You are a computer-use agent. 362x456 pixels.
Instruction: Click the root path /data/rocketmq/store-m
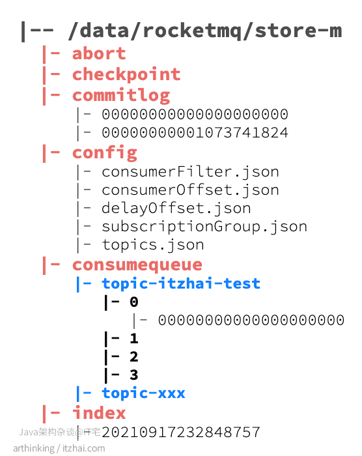[x=205, y=31]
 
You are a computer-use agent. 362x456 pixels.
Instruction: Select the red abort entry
[x=99, y=53]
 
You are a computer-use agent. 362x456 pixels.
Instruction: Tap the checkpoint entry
[x=126, y=74]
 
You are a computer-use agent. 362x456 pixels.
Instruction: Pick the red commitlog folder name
[x=121, y=95]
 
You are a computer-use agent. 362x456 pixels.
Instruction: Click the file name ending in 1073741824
[x=195, y=133]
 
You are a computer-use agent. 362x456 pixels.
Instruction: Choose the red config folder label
[x=104, y=153]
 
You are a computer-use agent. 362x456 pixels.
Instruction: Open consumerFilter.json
[x=190, y=172]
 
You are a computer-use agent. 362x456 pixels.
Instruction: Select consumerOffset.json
[x=190, y=190]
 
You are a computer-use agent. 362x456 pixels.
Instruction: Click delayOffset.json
[x=176, y=208]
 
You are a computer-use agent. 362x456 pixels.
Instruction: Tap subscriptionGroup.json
[x=204, y=227]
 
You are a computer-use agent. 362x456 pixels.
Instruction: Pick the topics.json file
[x=153, y=245]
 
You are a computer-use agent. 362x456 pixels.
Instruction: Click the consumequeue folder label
[x=137, y=265]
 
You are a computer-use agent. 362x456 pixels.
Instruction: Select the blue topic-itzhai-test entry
[x=181, y=283]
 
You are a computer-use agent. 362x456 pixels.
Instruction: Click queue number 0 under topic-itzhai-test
[x=133, y=302]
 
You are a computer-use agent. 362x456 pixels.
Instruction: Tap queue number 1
[x=133, y=338]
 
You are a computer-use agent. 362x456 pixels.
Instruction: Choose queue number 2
[x=133, y=356]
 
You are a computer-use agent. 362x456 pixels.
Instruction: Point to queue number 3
[x=133, y=375]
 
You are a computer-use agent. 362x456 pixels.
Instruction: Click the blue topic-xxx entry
[x=143, y=393]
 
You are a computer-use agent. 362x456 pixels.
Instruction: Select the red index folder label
[x=99, y=413]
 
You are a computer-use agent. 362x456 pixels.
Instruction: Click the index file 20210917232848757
[x=181, y=432]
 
